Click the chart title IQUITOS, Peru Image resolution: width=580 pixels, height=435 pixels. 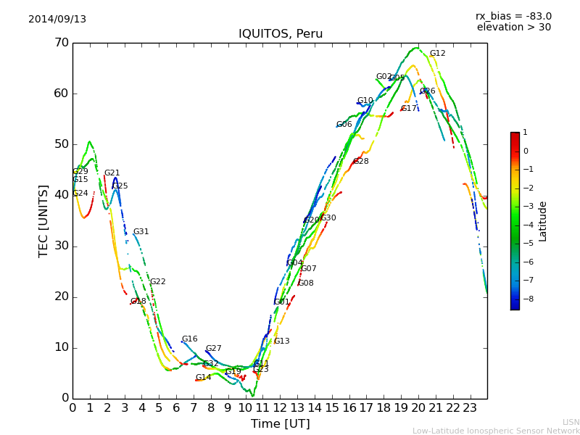pyautogui.click(x=281, y=34)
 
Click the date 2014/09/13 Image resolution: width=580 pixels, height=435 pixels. pyautogui.click(x=57, y=20)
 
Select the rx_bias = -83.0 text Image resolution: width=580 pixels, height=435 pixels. pyautogui.click(x=513, y=16)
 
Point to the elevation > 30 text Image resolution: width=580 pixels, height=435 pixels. pyautogui.click(x=513, y=28)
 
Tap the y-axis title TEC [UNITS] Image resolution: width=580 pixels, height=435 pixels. pyautogui.click(x=43, y=220)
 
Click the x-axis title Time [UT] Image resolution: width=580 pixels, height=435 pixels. pyautogui.click(x=280, y=424)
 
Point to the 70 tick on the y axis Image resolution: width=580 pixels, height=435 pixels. pyautogui.click(x=61, y=43)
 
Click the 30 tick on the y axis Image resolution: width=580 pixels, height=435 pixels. pyautogui.click(x=61, y=246)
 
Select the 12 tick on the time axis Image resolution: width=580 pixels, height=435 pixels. pyautogui.click(x=280, y=407)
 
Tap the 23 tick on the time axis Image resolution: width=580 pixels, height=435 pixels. pyautogui.click(x=470, y=407)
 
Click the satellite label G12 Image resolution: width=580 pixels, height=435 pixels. pyautogui.click(x=437, y=54)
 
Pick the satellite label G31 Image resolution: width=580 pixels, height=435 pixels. pyautogui.click(x=141, y=232)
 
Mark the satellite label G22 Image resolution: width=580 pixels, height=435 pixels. pyautogui.click(x=157, y=282)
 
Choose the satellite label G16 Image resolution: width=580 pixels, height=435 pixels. pyautogui.click(x=189, y=339)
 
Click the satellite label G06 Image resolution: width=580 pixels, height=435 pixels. pyautogui.click(x=344, y=125)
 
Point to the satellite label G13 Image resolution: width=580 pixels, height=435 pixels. pyautogui.click(x=281, y=341)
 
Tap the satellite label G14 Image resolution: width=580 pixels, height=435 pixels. pyautogui.click(x=203, y=378)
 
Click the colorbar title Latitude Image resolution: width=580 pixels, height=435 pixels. pyautogui.click(x=543, y=221)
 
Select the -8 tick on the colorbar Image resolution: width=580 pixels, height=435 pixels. pyautogui.click(x=526, y=298)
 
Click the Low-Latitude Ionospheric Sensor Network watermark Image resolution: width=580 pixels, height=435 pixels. pyautogui.click(x=496, y=431)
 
